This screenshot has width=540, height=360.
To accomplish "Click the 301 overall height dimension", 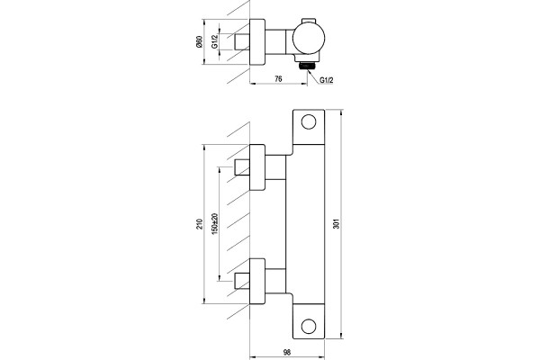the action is [337, 224].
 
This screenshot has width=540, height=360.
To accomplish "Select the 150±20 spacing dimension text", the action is [215, 224].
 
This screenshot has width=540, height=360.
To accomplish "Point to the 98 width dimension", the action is [286, 353].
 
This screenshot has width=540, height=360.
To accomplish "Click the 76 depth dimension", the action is [278, 79].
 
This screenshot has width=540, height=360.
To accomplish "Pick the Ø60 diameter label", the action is [199, 41].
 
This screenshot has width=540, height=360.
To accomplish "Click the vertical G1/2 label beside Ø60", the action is [214, 41].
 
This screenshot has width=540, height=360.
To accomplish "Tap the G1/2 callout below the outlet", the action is [327, 80].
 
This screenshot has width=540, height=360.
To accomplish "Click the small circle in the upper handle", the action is [309, 122].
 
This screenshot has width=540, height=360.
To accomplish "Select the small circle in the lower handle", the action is [309, 326].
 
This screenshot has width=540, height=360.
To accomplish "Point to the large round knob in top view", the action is [309, 39].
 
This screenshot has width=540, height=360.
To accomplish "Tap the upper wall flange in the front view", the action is [257, 167].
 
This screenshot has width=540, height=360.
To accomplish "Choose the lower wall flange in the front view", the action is [257, 281].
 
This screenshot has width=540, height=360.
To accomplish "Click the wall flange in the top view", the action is [257, 41].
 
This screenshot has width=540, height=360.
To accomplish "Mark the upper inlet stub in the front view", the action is [242, 167].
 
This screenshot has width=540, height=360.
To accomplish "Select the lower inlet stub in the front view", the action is [242, 281].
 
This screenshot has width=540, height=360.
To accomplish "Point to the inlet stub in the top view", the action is [242, 41].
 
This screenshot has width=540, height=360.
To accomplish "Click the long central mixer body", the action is [306, 224].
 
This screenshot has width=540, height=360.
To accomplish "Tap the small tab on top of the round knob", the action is [309, 21].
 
